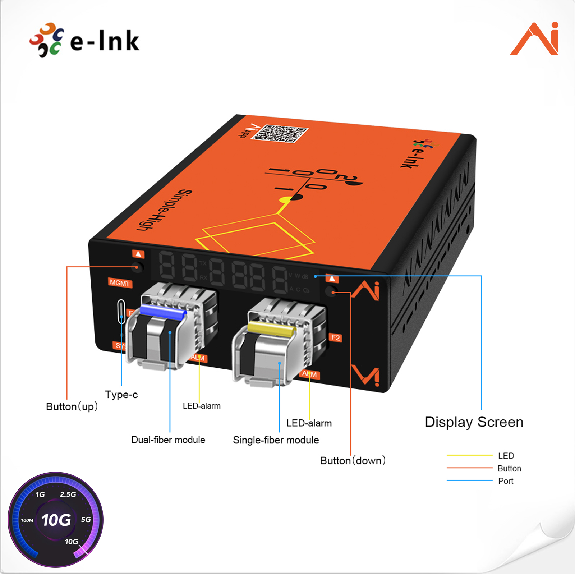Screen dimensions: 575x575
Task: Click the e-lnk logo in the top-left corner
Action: point(84,40)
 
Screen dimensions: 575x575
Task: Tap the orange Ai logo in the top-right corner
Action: point(535,39)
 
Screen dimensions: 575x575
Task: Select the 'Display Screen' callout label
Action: point(474,422)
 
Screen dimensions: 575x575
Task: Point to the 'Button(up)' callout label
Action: point(72,406)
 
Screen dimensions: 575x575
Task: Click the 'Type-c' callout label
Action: point(121,395)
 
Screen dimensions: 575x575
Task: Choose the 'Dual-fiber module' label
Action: point(168,440)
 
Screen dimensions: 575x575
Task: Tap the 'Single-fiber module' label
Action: point(276,440)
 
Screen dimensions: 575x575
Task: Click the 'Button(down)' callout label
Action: point(353,460)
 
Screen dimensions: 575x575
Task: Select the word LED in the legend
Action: point(506,456)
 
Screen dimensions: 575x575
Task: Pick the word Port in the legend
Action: point(506,481)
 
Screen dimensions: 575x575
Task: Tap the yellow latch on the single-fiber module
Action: point(271,328)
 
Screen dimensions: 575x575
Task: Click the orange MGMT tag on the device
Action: point(120,283)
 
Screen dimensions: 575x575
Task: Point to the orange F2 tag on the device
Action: point(335,337)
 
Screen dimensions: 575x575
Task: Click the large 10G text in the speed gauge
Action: point(56,520)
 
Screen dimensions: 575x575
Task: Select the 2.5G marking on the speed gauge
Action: point(68,494)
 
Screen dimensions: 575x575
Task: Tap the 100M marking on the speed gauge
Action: point(27,520)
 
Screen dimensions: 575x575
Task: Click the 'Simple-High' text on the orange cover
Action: point(165,211)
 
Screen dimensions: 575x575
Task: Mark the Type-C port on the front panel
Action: point(121,311)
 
